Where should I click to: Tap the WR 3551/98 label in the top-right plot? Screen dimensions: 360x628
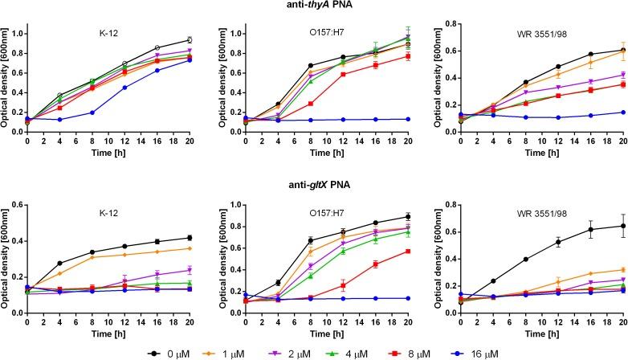pyautogui.click(x=540, y=35)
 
